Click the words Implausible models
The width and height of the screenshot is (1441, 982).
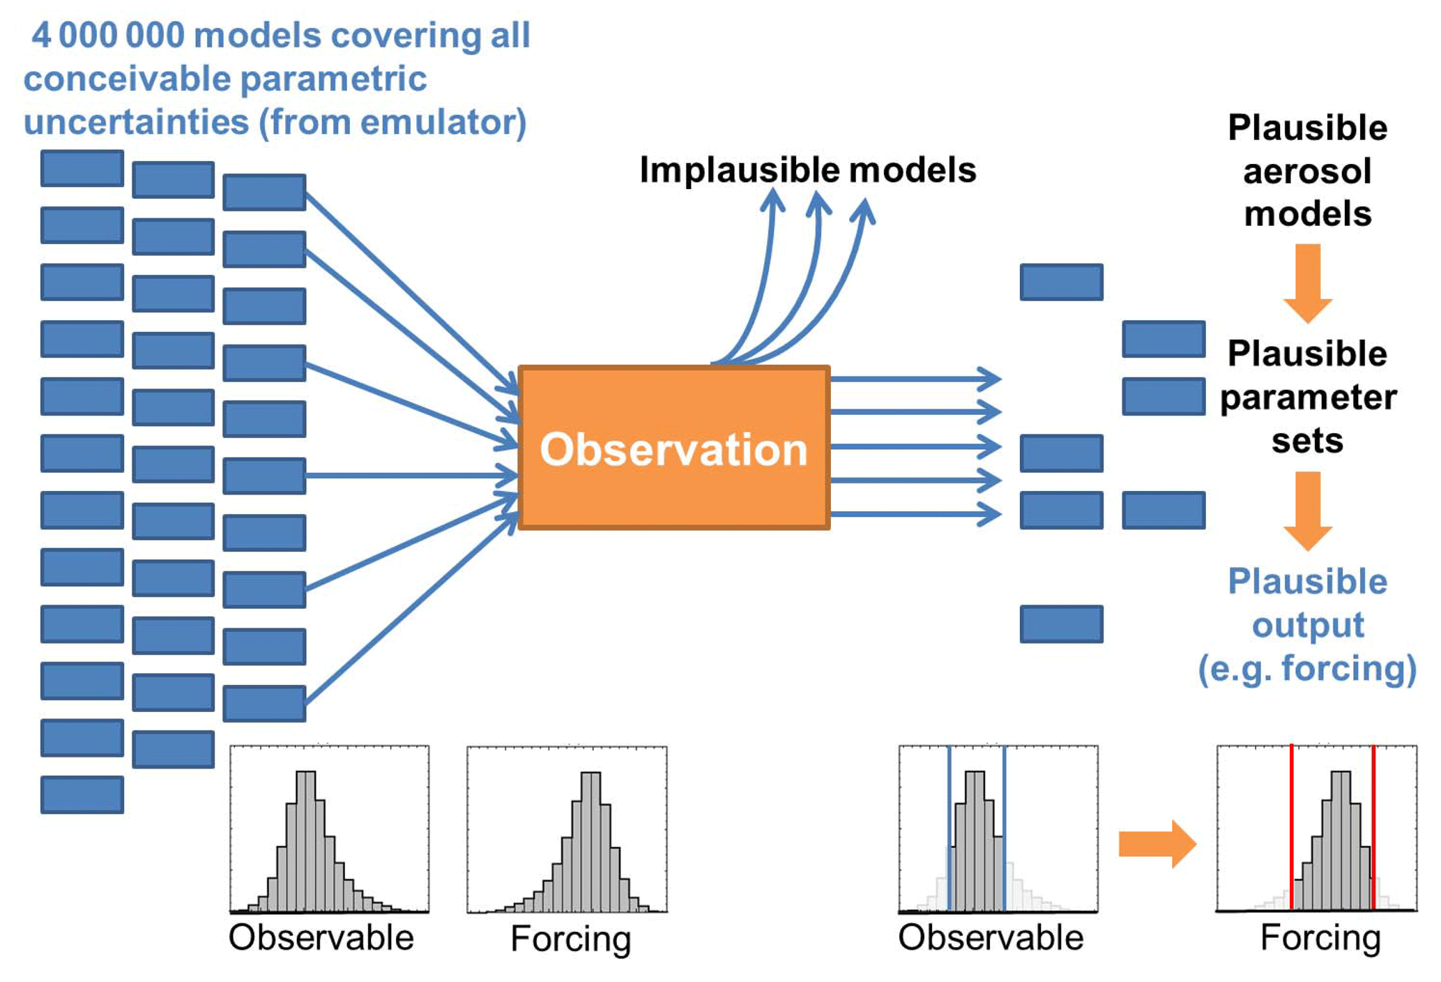click(x=807, y=170)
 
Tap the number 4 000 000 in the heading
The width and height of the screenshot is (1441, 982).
click(x=108, y=36)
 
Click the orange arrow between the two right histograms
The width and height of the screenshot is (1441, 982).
click(x=1156, y=844)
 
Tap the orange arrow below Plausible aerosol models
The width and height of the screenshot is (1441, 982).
click(x=1308, y=282)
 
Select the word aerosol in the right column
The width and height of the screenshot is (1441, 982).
click(x=1307, y=172)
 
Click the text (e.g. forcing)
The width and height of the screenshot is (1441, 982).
click(x=1307, y=668)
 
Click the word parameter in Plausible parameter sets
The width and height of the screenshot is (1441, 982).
click(x=1308, y=398)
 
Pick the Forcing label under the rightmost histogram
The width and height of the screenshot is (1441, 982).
click(x=1320, y=937)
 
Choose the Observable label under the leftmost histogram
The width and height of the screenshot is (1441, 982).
click(x=321, y=937)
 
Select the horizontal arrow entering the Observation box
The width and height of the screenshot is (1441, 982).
click(x=411, y=476)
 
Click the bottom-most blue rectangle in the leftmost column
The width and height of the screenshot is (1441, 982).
click(x=82, y=794)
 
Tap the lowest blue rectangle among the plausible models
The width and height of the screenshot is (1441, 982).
click(x=1061, y=624)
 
